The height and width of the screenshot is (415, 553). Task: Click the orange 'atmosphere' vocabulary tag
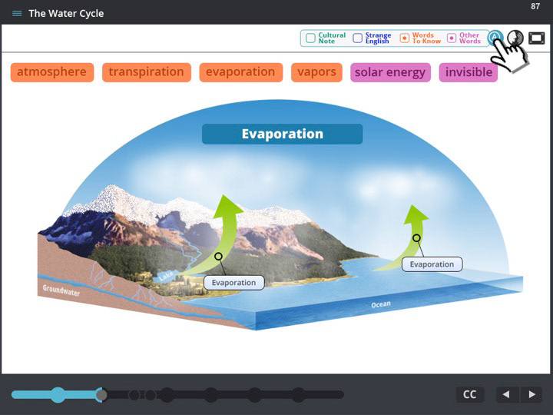52,72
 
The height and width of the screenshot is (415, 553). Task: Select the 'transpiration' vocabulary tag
147,72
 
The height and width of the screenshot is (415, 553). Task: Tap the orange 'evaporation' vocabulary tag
240,72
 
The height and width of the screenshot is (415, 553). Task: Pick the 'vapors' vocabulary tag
316,72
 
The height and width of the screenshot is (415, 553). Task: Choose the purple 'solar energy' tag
390,72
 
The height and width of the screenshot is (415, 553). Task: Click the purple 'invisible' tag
469,72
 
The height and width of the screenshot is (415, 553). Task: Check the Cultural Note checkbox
310,38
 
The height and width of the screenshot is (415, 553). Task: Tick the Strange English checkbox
358,38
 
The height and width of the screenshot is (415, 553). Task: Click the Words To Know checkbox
405,38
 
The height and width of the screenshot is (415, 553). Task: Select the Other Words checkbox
452,38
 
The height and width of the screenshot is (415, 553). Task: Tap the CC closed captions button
470,394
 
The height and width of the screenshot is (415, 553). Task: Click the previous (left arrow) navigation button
507,394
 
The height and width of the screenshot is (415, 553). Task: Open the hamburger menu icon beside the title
17,13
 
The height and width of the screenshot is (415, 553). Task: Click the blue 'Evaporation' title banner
282,134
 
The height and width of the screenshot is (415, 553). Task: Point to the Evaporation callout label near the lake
233,283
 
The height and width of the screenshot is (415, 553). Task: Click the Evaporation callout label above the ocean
432,264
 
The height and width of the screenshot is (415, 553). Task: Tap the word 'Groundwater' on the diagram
61,290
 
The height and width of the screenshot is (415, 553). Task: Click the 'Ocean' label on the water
381,304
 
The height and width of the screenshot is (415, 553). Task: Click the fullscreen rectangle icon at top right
536,38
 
